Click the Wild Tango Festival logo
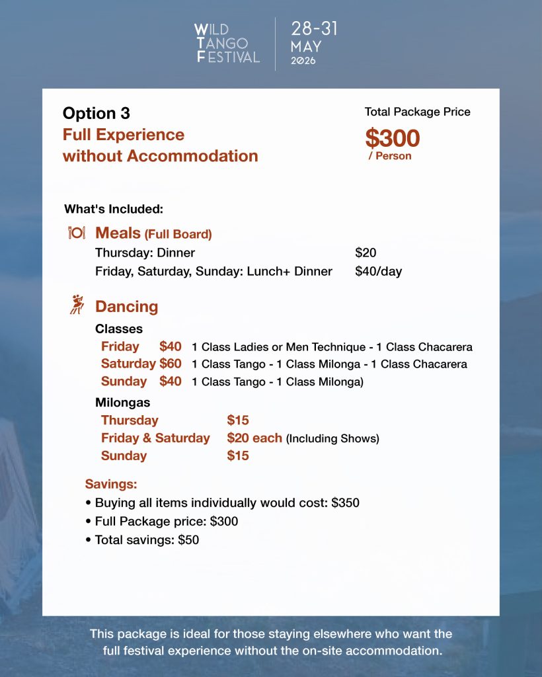point(227,44)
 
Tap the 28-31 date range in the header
point(314,28)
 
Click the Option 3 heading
point(97,113)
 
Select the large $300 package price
point(393,138)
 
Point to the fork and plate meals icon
point(77,233)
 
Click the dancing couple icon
point(77,305)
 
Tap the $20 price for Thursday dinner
point(366,253)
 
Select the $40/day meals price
point(378,271)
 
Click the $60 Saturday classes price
point(171,364)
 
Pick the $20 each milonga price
point(254,438)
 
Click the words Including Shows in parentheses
point(332,438)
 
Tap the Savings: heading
point(111,484)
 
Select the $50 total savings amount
point(188,539)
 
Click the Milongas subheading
point(122,402)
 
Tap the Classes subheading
point(119,329)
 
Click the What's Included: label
point(114,209)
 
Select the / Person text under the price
point(390,156)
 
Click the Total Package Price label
point(418,112)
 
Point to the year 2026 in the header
point(303,61)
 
